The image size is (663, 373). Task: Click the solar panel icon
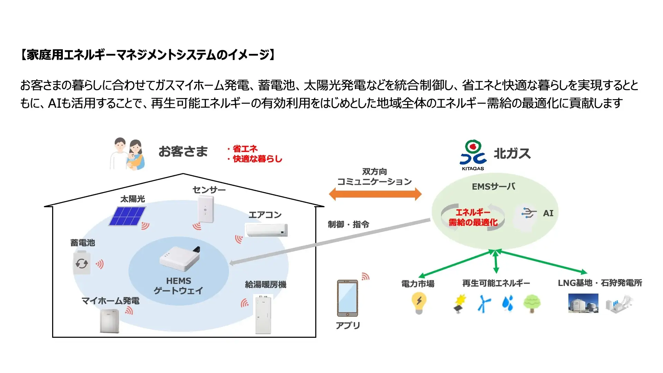point(127,216)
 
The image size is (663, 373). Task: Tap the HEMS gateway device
point(180,259)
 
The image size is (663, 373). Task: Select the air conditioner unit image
point(266,230)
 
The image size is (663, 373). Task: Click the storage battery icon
point(82,263)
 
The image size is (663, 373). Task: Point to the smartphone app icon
point(347,298)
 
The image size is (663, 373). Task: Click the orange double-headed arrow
point(375,194)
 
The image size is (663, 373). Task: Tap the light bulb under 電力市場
point(419,303)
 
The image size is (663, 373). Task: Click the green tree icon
point(532,303)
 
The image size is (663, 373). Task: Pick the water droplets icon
point(508,303)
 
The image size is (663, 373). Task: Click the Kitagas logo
point(473,155)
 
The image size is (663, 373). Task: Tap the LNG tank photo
point(583,303)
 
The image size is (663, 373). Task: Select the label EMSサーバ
point(493,186)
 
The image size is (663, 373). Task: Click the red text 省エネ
point(245,149)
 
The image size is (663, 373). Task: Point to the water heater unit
point(263,314)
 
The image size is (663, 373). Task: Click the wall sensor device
point(206,209)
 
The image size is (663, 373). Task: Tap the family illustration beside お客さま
point(127,154)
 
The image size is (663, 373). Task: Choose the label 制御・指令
point(348,224)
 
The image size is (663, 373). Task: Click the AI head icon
point(526,217)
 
